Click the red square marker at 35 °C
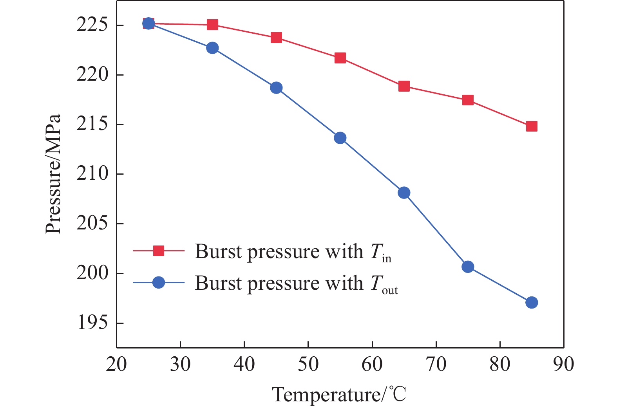[x=212, y=25]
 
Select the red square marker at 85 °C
[x=532, y=126]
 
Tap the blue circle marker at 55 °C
[x=340, y=138]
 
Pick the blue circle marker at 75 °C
[x=468, y=267]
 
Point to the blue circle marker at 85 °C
[x=532, y=303]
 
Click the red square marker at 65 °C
[x=404, y=86]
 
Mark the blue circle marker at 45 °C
[x=276, y=88]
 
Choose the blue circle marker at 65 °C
[x=404, y=193]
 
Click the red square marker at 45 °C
[x=276, y=38]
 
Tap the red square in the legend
[x=158, y=251]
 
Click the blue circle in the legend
[x=158, y=282]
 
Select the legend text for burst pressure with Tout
[x=296, y=283]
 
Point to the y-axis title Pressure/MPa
[x=53, y=174]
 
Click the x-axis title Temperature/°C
[x=339, y=394]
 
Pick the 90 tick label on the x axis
[x=564, y=364]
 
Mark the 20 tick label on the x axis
[x=116, y=364]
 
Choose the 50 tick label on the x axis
[x=308, y=364]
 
